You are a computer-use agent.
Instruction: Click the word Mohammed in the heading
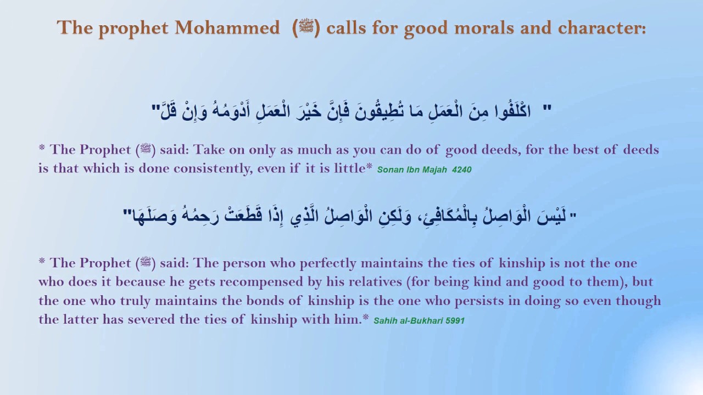coord(227,28)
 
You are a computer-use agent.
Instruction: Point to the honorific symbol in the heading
coord(306,28)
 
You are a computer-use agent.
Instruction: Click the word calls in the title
coord(345,28)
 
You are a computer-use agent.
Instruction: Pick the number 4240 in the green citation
coord(462,170)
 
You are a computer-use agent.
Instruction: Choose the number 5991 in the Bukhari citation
coord(455,320)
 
